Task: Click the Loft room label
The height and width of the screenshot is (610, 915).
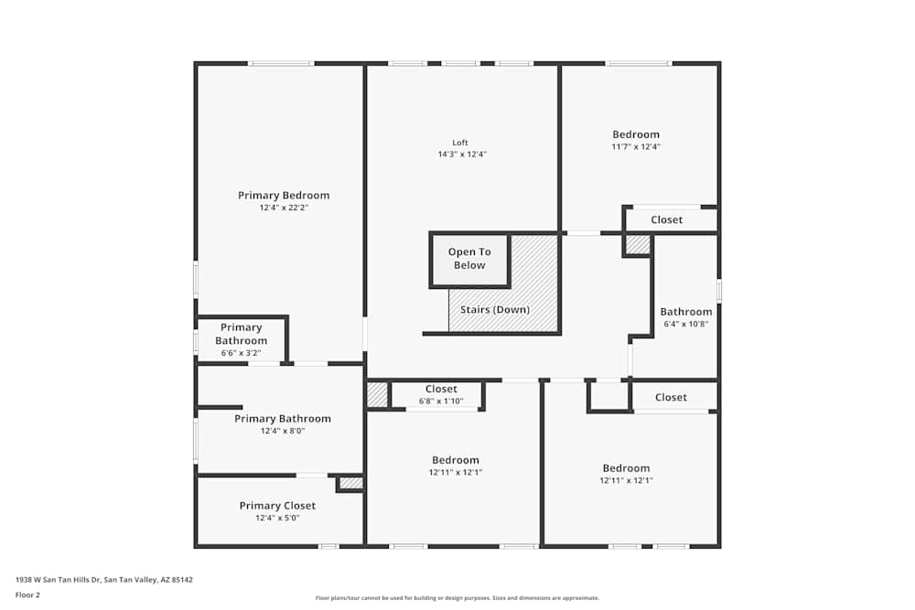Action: click(460, 143)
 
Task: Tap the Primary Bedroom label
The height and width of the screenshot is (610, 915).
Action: click(284, 196)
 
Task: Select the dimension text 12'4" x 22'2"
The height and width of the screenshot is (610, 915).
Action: click(284, 209)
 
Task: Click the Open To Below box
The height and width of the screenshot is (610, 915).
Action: click(469, 259)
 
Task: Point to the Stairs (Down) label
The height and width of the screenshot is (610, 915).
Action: click(495, 310)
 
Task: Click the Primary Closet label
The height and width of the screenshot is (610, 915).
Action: click(277, 506)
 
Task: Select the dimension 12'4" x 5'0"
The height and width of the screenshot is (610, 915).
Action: click(277, 519)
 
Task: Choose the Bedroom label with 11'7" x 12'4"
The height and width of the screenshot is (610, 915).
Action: click(636, 135)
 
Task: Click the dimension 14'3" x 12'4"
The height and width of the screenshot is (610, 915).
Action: click(462, 155)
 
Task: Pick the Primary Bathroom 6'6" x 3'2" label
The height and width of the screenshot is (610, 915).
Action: click(242, 340)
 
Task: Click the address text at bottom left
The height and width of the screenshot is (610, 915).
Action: click(104, 579)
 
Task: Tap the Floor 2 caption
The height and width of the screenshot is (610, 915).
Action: click(27, 594)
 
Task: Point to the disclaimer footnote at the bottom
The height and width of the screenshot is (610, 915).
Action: click(457, 598)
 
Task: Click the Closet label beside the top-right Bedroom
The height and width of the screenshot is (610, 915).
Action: click(667, 220)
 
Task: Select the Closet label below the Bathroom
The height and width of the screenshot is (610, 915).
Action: click(671, 398)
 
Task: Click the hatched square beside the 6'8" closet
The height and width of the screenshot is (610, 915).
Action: click(377, 395)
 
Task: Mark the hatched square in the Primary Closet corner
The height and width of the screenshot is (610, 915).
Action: click(351, 483)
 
